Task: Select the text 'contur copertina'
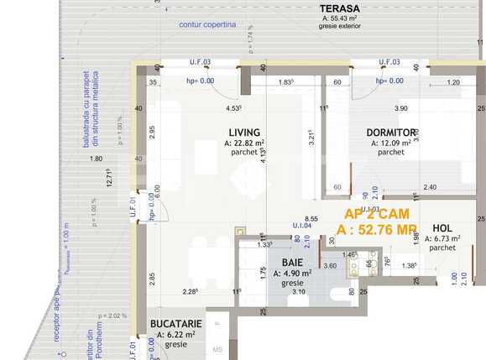[207, 24]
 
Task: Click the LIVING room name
[244, 132]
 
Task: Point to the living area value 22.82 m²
[244, 143]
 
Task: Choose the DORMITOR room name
[391, 133]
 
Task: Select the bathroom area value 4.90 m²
[285, 273]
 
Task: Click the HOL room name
[442, 228]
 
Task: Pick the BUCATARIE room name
[175, 323]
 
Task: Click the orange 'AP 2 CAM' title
[377, 214]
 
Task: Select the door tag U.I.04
[301, 226]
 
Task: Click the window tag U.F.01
[133, 206]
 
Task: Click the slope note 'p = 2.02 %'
[111, 316]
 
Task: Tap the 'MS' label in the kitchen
[217, 349]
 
